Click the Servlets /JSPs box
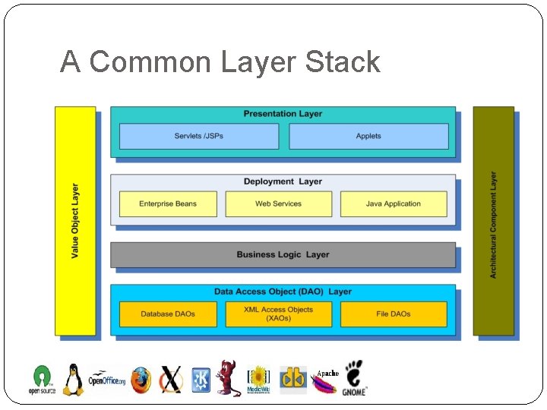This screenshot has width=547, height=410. (199, 137)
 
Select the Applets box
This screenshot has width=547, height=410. (368, 137)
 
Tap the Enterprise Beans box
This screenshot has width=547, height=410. (168, 204)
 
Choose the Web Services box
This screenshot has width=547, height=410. (278, 204)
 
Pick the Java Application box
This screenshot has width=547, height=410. (393, 204)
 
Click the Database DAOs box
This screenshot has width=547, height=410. (168, 314)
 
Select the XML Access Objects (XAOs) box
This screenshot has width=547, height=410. (278, 314)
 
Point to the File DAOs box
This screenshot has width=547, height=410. (393, 314)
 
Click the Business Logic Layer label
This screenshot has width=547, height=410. (283, 255)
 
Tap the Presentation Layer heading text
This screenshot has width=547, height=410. (283, 114)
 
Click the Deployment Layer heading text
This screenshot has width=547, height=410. (283, 182)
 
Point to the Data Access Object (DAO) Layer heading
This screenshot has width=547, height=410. (283, 292)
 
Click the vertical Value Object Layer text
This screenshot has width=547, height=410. (75, 221)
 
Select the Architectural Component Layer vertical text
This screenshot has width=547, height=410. (493, 224)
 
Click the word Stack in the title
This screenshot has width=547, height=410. (342, 62)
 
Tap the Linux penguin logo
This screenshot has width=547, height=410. (73, 380)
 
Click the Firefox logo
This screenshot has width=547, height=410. (141, 380)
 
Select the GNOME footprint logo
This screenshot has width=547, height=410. (354, 378)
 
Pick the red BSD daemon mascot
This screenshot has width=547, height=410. (226, 378)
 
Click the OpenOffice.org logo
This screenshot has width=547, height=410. (107, 380)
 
